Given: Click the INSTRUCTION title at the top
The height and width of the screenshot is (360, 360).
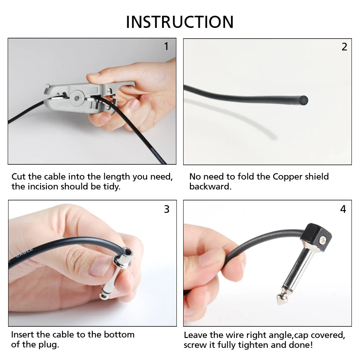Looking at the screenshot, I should point(180,22).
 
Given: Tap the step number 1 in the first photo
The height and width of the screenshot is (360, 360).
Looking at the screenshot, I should point(166,46).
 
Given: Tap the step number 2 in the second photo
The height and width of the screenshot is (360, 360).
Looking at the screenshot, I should point(344,47).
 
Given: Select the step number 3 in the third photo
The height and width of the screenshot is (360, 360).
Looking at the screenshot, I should point(166,209).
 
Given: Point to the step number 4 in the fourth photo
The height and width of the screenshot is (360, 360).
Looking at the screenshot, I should point(343,209).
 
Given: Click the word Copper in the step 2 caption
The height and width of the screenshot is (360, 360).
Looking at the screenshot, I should point(288,176).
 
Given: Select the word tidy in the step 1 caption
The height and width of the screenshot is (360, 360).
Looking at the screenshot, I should point(111,186).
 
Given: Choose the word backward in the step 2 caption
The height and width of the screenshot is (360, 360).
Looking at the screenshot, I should point(210,186).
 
